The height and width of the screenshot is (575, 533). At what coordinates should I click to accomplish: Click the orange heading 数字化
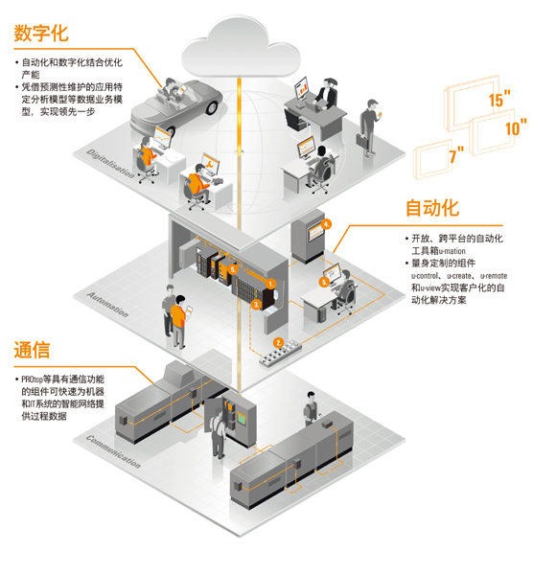pos(41,34)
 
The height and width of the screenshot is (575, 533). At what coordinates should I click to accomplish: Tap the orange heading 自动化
pos(432,208)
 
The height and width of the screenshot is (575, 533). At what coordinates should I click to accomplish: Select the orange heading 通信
pos(32,350)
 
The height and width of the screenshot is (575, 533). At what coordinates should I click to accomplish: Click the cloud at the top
pos(241,48)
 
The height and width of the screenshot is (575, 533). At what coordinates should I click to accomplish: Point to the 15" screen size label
pos(499,99)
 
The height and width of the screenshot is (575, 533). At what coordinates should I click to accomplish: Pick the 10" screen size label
pos(516,127)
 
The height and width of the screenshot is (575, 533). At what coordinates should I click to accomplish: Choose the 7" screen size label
pos(456,155)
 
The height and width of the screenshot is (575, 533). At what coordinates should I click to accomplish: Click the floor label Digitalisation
pos(110,164)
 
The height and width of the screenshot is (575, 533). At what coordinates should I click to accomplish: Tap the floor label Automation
pos(107,305)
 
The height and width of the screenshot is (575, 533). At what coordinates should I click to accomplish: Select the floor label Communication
pos(113,451)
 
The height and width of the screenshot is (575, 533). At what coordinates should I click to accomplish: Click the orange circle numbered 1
pos(271,284)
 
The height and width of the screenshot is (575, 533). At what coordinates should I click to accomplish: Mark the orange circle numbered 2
pos(278,343)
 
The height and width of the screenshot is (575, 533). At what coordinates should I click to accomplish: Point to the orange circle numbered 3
pos(256,304)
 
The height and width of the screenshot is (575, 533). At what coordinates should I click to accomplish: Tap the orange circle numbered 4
pos(326,223)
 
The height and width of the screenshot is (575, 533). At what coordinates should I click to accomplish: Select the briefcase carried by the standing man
pos(362,141)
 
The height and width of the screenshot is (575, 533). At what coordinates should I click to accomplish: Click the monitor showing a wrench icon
pos(210,165)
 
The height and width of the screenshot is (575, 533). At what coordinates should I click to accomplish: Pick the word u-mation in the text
pos(452,251)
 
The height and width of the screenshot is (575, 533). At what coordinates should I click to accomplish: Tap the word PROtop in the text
pos(33,379)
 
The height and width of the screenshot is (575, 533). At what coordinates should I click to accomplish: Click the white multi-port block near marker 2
pos(281,353)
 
